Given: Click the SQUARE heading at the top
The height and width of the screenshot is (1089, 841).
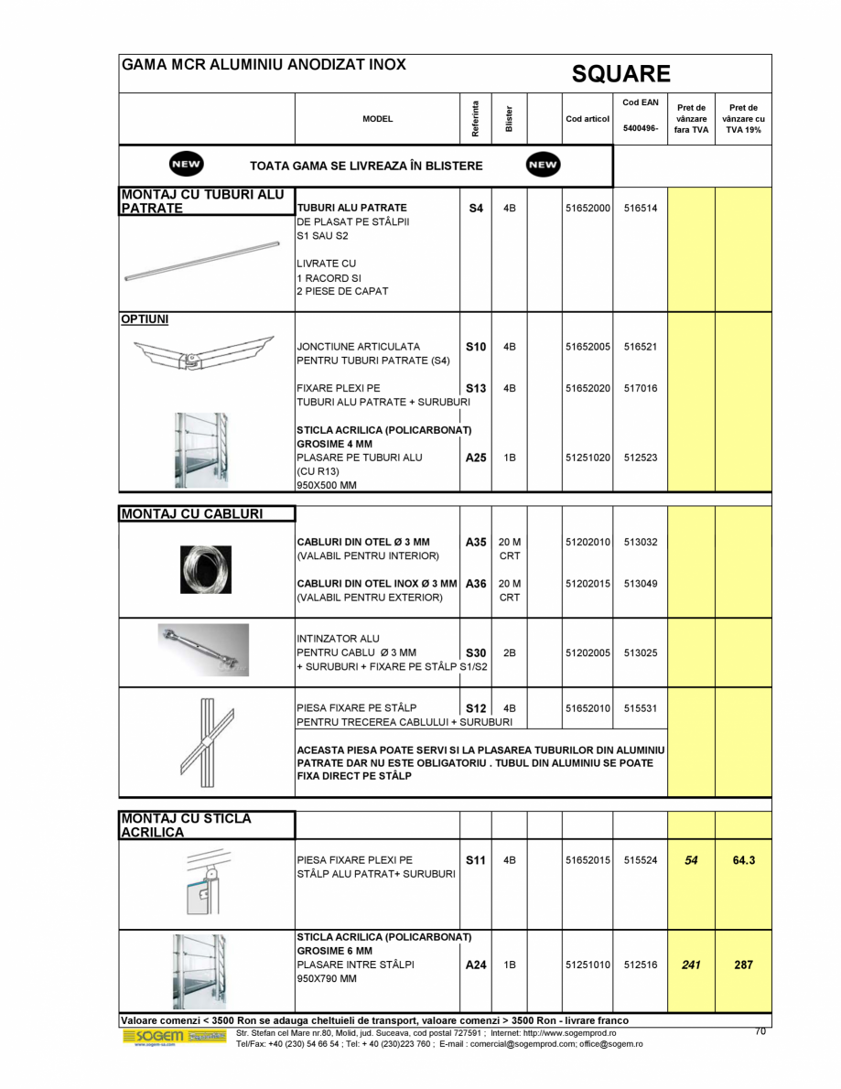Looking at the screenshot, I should [x=621, y=73].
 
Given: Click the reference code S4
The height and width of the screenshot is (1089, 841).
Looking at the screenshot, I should [x=475, y=208].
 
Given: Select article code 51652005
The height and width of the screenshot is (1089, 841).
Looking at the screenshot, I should [x=587, y=347].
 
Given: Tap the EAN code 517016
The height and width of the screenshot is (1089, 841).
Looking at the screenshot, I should [x=641, y=388].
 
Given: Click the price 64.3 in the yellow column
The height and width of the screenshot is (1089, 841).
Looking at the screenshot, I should [x=744, y=860].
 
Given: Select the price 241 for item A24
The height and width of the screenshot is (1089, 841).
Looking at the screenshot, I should [x=691, y=964].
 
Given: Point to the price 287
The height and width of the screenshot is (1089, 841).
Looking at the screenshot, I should [x=744, y=964].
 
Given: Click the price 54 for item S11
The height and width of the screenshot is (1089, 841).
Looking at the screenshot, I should [x=691, y=860].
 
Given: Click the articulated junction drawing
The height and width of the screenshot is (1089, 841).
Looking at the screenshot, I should [x=203, y=352].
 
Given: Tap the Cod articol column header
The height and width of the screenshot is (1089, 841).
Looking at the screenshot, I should [x=587, y=119].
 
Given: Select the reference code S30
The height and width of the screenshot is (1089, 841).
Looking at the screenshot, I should [x=475, y=652].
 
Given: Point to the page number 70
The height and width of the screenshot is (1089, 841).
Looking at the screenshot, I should [x=760, y=1031].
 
